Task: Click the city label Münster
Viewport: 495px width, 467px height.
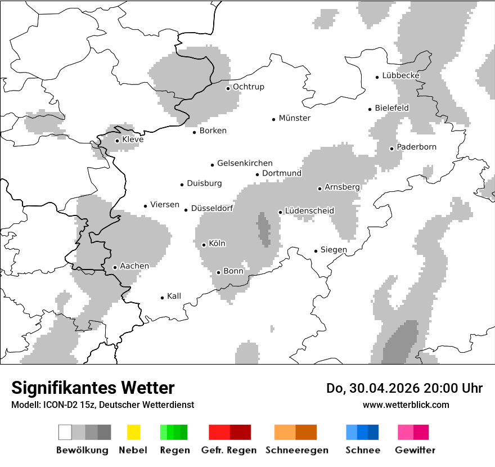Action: (295, 118)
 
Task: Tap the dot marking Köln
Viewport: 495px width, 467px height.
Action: (204, 245)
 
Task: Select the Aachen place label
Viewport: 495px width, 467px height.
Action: (134, 266)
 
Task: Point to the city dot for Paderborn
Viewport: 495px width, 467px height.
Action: (391, 149)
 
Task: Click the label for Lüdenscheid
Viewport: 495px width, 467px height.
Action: (309, 211)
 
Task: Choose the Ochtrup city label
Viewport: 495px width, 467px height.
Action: (248, 87)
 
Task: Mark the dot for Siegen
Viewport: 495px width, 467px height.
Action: (316, 251)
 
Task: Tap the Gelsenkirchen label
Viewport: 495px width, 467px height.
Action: (245, 163)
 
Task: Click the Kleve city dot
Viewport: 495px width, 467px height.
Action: (117, 141)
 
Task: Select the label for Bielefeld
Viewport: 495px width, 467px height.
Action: (391, 108)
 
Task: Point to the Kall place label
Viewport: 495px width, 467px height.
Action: (174, 296)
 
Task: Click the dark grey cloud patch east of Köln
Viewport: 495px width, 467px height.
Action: (263, 230)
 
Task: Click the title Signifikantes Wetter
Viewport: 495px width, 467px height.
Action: (93, 388)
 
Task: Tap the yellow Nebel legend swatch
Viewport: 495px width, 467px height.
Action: (133, 432)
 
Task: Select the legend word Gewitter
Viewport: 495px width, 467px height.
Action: (415, 450)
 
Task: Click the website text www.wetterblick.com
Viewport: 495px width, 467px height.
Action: (406, 405)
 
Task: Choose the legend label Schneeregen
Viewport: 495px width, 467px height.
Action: (296, 450)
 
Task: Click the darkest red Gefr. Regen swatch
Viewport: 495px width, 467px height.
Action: (240, 432)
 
